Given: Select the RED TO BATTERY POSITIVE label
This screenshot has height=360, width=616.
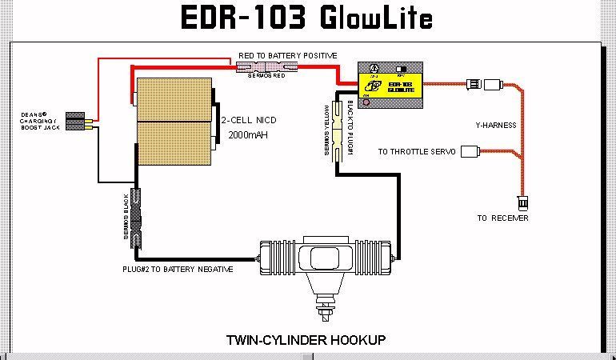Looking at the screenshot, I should [x=287, y=55].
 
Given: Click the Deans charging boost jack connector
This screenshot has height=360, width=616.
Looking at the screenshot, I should [x=78, y=122].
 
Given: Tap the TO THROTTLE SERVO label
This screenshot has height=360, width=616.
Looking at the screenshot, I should [x=418, y=151].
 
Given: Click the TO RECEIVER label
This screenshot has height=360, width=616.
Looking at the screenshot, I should [x=502, y=218].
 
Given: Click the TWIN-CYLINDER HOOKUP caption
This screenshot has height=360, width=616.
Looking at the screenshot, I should [x=306, y=340].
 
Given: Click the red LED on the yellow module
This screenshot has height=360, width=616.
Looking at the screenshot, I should [x=366, y=102].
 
